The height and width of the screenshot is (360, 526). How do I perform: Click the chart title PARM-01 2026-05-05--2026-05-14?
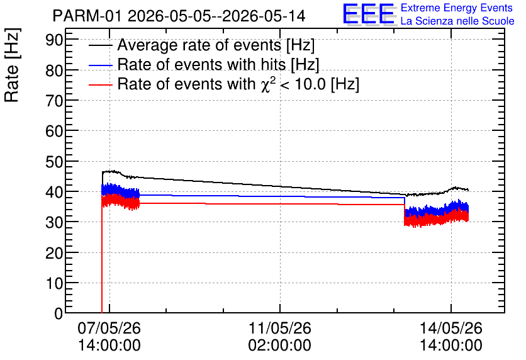(x=179, y=16)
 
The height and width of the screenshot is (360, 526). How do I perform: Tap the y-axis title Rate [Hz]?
(x=12, y=65)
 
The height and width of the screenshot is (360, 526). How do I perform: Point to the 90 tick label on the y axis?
(x=54, y=40)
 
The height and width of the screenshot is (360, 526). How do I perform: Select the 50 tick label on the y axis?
(x=54, y=162)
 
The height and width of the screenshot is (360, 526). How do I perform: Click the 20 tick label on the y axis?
(x=54, y=253)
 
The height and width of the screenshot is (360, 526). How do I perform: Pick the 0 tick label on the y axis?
(x=59, y=313)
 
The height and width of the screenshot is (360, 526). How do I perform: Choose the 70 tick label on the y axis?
(x=54, y=101)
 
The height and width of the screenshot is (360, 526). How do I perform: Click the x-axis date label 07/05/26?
(x=109, y=328)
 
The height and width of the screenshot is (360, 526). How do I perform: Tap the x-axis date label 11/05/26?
(x=280, y=328)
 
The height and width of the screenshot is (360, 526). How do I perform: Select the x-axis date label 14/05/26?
(x=451, y=328)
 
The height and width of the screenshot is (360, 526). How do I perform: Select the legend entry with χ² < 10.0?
(x=238, y=84)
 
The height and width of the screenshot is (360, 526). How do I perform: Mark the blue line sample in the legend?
(x=101, y=65)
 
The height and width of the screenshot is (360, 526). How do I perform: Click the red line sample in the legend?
(x=101, y=85)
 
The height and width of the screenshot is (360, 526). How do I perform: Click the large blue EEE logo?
(x=369, y=14)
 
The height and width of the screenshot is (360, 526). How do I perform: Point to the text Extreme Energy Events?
(x=457, y=8)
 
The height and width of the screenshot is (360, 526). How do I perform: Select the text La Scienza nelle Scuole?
(x=457, y=21)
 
